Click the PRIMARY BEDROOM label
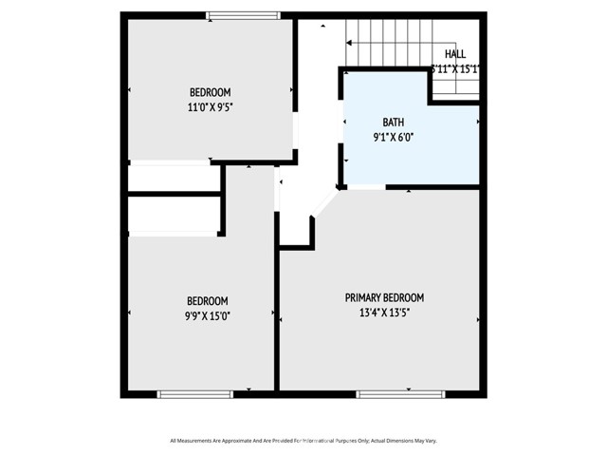384,297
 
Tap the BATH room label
394,123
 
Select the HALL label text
455,55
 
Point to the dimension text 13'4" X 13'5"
384,312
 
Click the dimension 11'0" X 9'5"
211,107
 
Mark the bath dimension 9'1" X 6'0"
394,137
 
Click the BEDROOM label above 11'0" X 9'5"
211,92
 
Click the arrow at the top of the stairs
350,43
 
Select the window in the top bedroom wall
244,15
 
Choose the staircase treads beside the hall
389,47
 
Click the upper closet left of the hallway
174,179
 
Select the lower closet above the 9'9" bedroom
174,215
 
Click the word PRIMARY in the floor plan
364,297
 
